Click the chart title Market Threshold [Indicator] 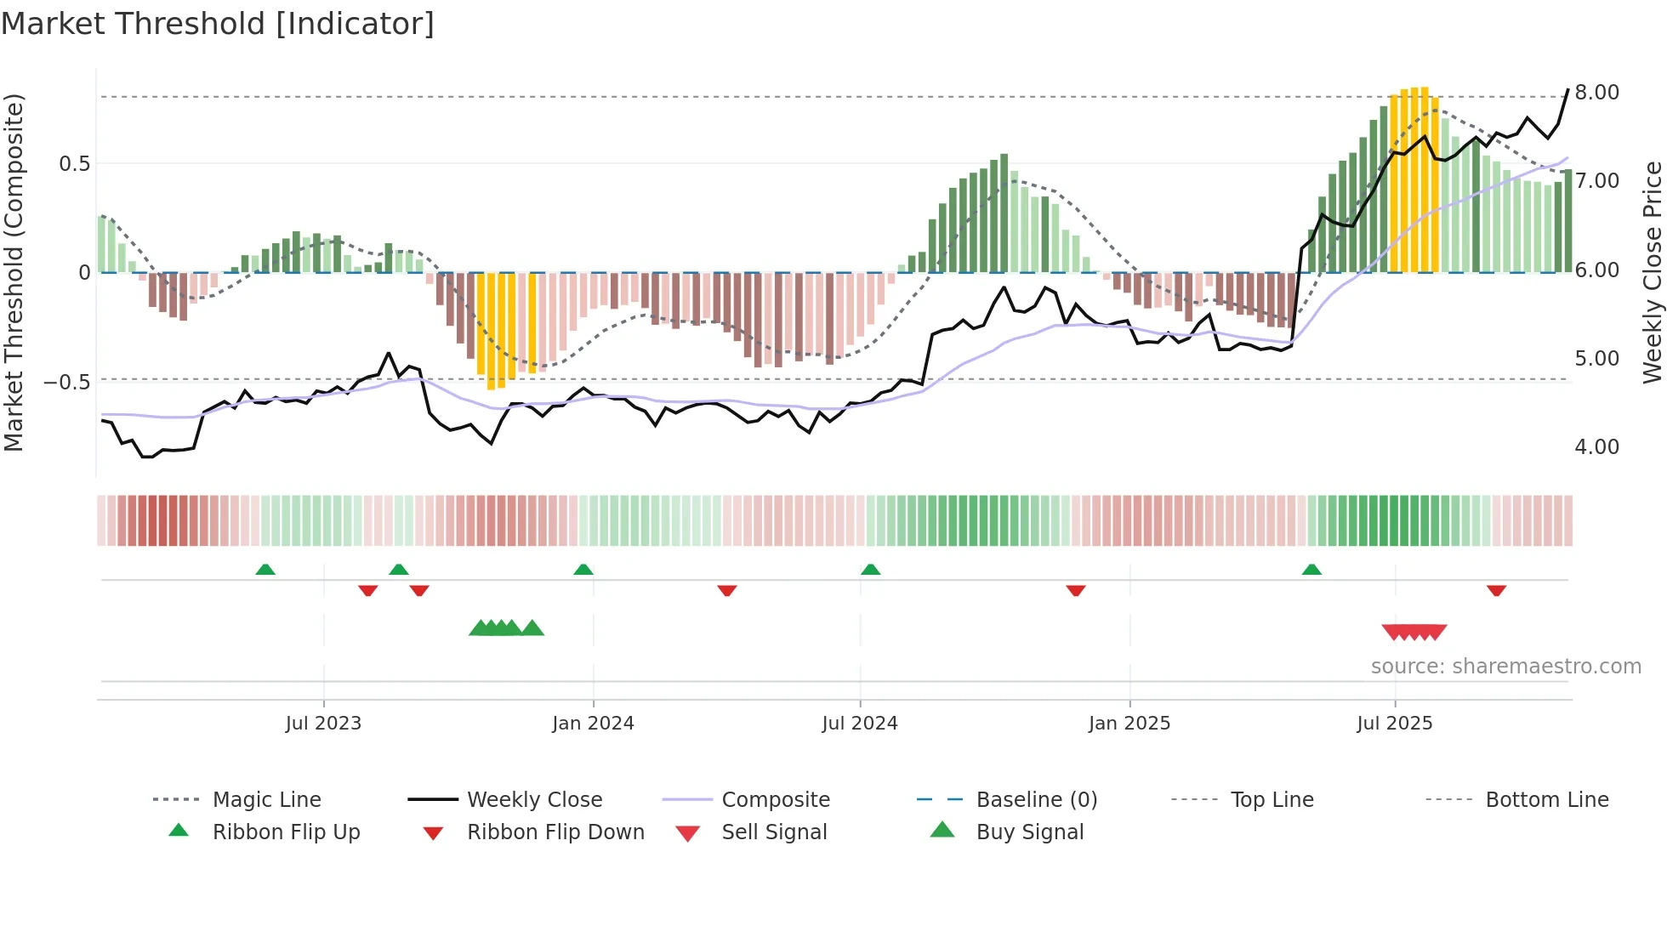(218, 24)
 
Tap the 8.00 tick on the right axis (1596, 93)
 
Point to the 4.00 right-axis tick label (1596, 447)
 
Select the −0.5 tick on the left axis (66, 382)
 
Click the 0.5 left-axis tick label (74, 164)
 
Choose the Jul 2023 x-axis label (323, 724)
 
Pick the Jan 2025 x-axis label (1129, 724)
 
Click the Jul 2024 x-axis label (859, 724)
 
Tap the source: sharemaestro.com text (1505, 667)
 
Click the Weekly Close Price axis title (1652, 272)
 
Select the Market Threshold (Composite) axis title (14, 272)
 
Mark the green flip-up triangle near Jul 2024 (870, 570)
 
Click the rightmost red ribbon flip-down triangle (1496, 590)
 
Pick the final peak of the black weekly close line (1567, 89)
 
